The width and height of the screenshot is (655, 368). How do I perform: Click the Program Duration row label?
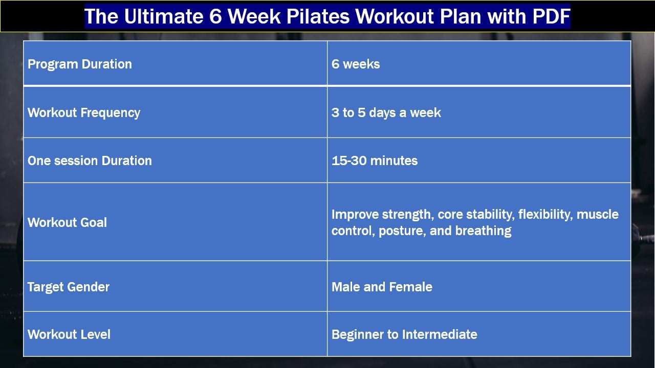click(80, 64)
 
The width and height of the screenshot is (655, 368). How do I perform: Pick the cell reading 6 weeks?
click(356, 64)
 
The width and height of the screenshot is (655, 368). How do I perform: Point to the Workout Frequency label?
click(84, 112)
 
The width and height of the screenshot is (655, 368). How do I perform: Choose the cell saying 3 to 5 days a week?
click(386, 112)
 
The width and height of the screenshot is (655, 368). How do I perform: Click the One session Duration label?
click(90, 160)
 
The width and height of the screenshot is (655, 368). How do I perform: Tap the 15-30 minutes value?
click(375, 160)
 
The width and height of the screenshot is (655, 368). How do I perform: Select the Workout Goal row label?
click(68, 222)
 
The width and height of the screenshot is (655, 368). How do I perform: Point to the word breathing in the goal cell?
click(483, 231)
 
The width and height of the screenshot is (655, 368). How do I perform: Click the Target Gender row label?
click(69, 287)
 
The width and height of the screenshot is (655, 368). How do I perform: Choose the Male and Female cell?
click(382, 287)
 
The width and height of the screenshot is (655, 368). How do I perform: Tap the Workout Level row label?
click(69, 334)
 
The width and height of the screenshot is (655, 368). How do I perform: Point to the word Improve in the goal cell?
click(355, 214)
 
